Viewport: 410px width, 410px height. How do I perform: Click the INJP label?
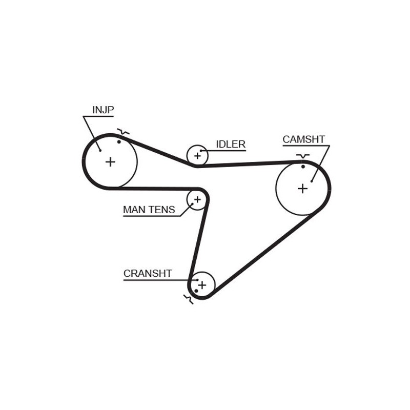pos(103,110)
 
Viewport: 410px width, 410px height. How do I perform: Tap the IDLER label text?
pos(230,144)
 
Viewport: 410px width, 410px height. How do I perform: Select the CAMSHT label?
pos(303,139)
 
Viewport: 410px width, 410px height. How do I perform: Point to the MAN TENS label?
pos(149,210)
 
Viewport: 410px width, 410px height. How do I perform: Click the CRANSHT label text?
pos(148,273)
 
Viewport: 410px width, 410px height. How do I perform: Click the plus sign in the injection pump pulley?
pos(110,162)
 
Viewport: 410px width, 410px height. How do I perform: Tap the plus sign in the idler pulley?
pos(197,155)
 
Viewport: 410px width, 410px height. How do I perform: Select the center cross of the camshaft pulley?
pos(302,188)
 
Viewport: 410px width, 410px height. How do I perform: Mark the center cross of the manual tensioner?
pos(196,199)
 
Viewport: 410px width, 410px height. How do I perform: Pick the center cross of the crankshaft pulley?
pos(202,284)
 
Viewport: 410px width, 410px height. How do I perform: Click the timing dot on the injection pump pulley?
pos(119,141)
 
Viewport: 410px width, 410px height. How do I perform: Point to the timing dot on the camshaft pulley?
pos(303,167)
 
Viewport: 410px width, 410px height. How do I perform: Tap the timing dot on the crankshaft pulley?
pos(196,291)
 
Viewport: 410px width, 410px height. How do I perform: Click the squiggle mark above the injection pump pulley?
pos(122,132)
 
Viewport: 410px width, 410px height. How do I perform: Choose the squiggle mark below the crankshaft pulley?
pos(188,299)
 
